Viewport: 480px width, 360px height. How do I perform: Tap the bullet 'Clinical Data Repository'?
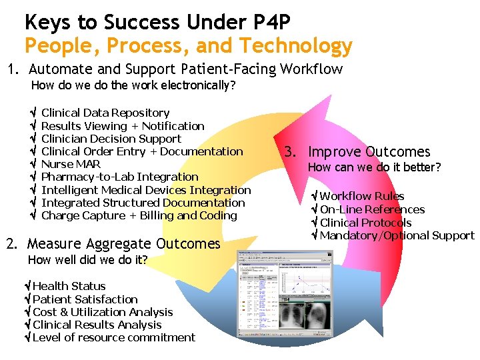105,113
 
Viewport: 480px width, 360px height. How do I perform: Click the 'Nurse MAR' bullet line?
71,164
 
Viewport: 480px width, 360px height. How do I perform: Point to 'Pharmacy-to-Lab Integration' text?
120,177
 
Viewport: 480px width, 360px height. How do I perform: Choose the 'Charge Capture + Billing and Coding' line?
139,215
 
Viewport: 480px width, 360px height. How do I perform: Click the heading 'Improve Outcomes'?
369,152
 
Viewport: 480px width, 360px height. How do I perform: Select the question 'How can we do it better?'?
374,167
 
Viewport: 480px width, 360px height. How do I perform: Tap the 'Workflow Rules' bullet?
361,196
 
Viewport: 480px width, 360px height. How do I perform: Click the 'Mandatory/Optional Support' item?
397,235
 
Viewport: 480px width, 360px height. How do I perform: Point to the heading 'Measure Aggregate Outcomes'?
123,243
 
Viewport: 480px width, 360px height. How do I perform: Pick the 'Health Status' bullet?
69,286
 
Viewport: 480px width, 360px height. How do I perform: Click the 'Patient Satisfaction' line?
85,299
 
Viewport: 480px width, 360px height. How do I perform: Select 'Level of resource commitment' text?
113,337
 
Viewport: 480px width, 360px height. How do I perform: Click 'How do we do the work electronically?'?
133,85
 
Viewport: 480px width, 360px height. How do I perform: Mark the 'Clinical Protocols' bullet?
365,223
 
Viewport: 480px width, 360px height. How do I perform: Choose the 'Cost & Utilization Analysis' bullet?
102,312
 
